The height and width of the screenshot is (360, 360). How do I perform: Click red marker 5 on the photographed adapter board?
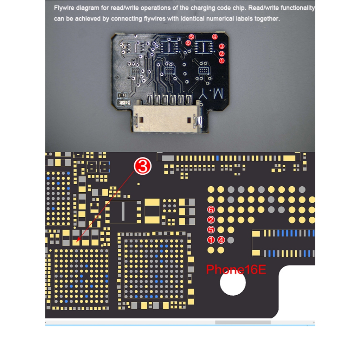(x=191, y=37)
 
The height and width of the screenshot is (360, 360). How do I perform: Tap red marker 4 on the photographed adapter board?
(x=215, y=37)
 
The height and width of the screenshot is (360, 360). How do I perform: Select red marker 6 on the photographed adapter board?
(x=188, y=43)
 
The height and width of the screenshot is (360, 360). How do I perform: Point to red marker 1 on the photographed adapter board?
(x=221, y=61)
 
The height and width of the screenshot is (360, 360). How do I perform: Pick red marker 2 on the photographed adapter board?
(x=221, y=54)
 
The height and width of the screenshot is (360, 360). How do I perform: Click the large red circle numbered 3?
(x=143, y=166)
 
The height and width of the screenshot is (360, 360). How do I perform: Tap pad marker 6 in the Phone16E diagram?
(x=211, y=210)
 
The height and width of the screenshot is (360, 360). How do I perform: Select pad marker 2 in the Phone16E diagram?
(x=211, y=220)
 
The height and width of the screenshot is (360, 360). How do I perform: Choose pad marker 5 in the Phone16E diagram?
(x=211, y=230)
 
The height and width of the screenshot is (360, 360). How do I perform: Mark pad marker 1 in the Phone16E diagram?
(x=211, y=240)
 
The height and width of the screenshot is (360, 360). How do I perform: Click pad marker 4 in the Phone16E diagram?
(x=221, y=240)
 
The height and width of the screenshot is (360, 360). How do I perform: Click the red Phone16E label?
(x=236, y=270)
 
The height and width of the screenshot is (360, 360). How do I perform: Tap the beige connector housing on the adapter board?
(x=167, y=119)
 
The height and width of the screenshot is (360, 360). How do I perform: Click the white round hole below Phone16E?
(x=233, y=283)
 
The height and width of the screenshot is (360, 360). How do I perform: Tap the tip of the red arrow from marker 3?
(x=76, y=242)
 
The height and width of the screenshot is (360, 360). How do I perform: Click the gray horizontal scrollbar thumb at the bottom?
(x=243, y=322)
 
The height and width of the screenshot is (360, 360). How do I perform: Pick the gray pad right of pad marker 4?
(x=231, y=240)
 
